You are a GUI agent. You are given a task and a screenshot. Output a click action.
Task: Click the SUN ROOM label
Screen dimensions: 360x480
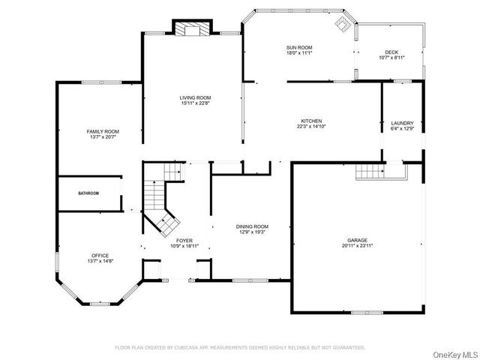pyautogui.click(x=298, y=47)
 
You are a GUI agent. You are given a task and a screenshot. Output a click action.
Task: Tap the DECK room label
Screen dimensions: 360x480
pyautogui.click(x=392, y=52)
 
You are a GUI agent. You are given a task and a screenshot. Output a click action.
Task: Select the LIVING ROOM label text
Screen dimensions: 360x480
pyautogui.click(x=194, y=97)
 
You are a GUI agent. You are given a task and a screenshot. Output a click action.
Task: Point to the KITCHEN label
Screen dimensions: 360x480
pyautogui.click(x=311, y=121)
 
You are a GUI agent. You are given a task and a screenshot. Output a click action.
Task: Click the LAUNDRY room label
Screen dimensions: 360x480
pyautogui.click(x=402, y=123)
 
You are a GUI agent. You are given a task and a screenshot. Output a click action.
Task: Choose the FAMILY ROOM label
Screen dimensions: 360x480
pyautogui.click(x=103, y=131)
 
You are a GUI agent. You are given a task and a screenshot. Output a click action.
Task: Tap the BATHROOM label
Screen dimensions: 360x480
pyautogui.click(x=88, y=193)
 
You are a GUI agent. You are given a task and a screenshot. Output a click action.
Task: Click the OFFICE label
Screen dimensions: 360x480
pyautogui.click(x=100, y=255)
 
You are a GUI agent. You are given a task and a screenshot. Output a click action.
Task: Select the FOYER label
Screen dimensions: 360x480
pyautogui.click(x=184, y=240)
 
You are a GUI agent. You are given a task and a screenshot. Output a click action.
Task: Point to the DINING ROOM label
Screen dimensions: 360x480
pyautogui.click(x=251, y=226)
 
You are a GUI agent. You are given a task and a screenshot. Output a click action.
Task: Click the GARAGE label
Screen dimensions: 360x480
pyautogui.click(x=357, y=240)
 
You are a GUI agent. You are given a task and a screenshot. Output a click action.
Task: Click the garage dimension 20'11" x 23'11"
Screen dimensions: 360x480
pyautogui.click(x=357, y=246)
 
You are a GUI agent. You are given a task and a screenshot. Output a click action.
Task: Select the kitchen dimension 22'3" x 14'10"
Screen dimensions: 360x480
pyautogui.click(x=311, y=127)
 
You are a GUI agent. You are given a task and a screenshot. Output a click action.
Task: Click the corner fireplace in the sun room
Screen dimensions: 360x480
pyautogui.click(x=344, y=23)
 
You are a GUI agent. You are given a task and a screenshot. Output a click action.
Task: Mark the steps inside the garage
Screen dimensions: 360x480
pyautogui.click(x=369, y=172)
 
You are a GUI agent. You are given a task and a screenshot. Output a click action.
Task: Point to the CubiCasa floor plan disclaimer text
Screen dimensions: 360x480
pyautogui.click(x=239, y=347)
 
